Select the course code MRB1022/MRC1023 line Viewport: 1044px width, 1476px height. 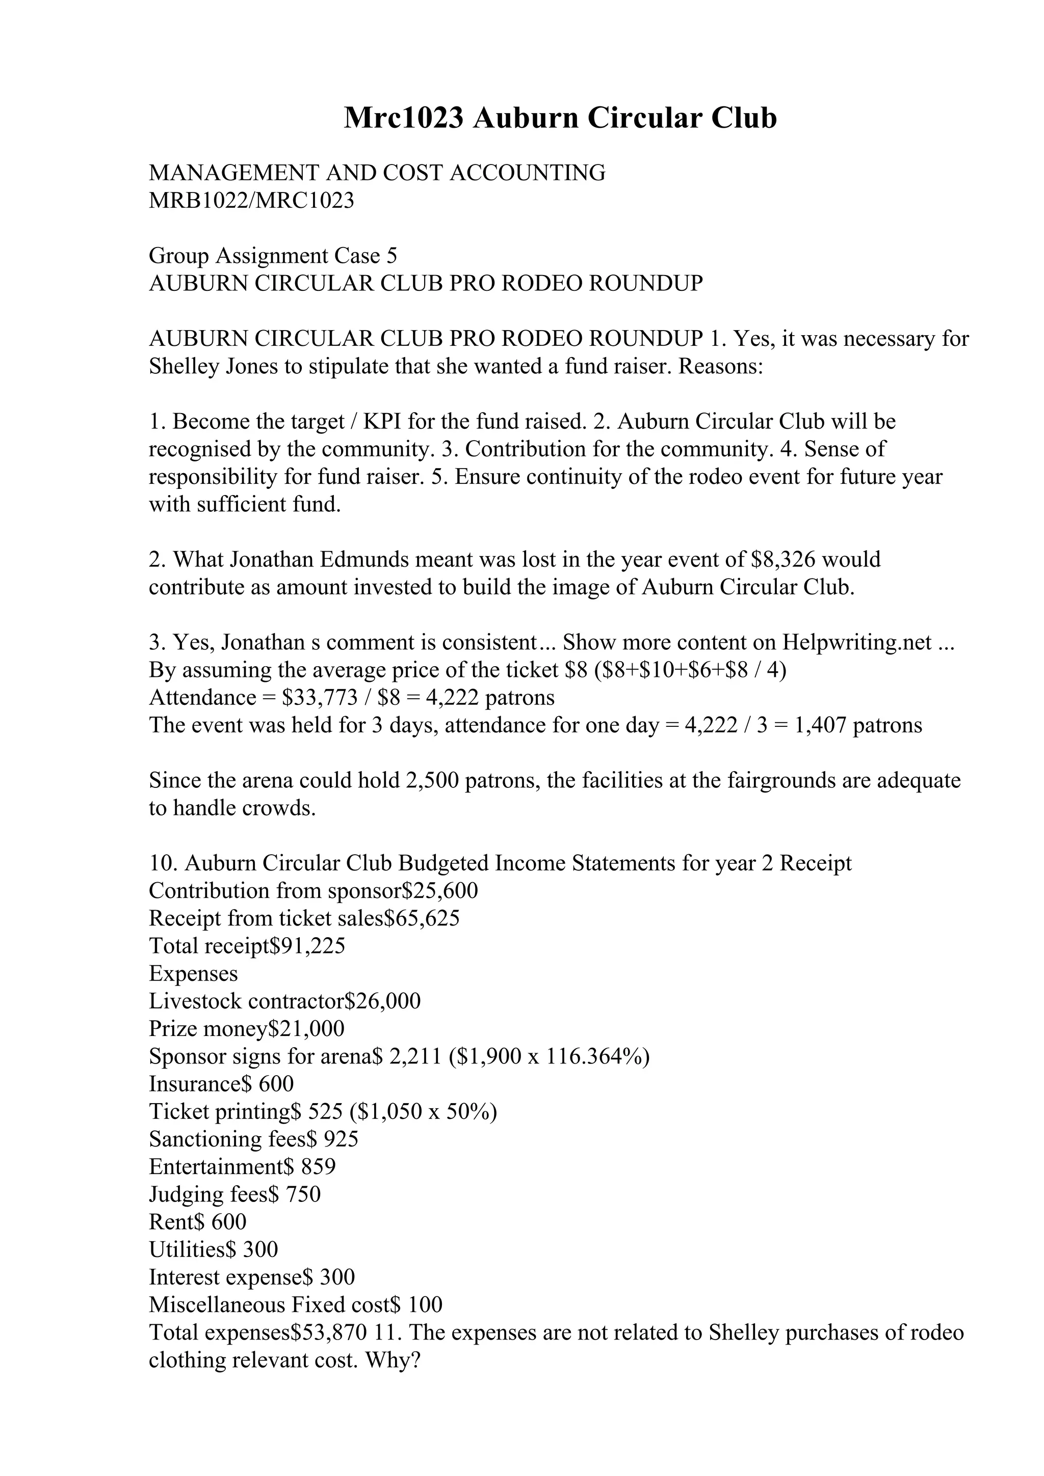[251, 201]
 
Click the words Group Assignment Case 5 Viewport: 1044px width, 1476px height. [273, 256]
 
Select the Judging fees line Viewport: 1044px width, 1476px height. [234, 1194]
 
